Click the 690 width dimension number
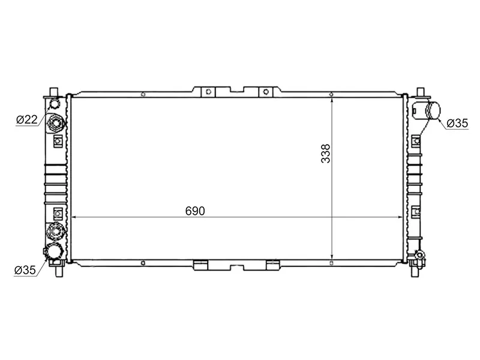coord(195,211)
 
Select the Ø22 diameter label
coord(27,120)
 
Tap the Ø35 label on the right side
coord(457,124)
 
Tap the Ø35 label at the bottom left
coord(25,270)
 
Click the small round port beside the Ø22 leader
coord(55,104)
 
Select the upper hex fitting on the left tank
coord(57,124)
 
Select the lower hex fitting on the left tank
coord(56,230)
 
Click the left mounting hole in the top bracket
coord(208,92)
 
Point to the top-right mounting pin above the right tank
coord(422,92)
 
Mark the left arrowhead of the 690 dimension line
coord(74,217)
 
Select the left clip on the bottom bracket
coord(200,263)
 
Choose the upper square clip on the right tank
coord(416,141)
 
